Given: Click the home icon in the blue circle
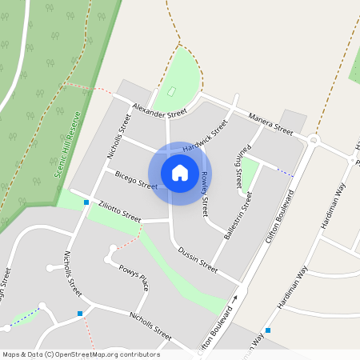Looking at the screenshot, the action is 180,173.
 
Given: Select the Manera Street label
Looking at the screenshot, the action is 270,122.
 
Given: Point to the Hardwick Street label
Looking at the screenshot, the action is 205,136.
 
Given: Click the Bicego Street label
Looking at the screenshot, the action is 136,179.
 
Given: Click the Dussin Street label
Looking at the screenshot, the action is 197,257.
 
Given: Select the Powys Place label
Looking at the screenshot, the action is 134,275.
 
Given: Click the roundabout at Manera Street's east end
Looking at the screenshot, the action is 313,140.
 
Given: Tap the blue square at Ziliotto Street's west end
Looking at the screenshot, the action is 86,202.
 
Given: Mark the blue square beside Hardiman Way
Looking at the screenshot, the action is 268,330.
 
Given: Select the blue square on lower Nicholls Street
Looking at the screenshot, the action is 80,314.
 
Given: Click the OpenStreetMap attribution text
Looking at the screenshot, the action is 81,354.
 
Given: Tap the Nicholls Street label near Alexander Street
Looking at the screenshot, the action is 118,135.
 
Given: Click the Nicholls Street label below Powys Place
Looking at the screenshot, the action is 150,326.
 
